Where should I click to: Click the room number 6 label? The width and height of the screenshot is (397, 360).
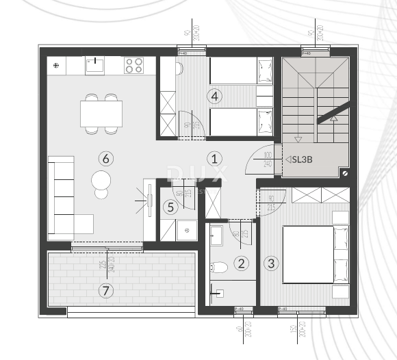pos(105,159)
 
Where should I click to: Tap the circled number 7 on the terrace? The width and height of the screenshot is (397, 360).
pos(105,291)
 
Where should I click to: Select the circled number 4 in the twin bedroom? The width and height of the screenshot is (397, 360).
pos(215,97)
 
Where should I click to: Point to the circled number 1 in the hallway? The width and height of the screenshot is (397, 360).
pos(215,159)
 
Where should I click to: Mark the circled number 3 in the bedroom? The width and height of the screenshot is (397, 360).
pos(272,262)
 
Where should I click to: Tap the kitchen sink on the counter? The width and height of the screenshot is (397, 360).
pos(94,66)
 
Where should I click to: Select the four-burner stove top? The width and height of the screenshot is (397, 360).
pos(133,66)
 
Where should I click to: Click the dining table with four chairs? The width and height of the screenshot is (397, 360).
pos(101,113)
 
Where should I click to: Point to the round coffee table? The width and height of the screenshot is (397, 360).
pos(101,181)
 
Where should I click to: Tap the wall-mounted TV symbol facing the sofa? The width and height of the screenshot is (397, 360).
pos(146,200)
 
